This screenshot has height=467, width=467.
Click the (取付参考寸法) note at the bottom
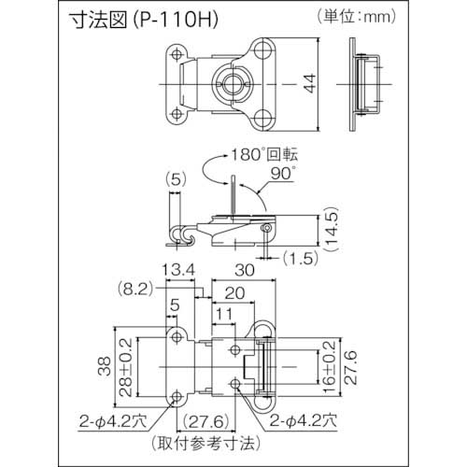tap(228, 443)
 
